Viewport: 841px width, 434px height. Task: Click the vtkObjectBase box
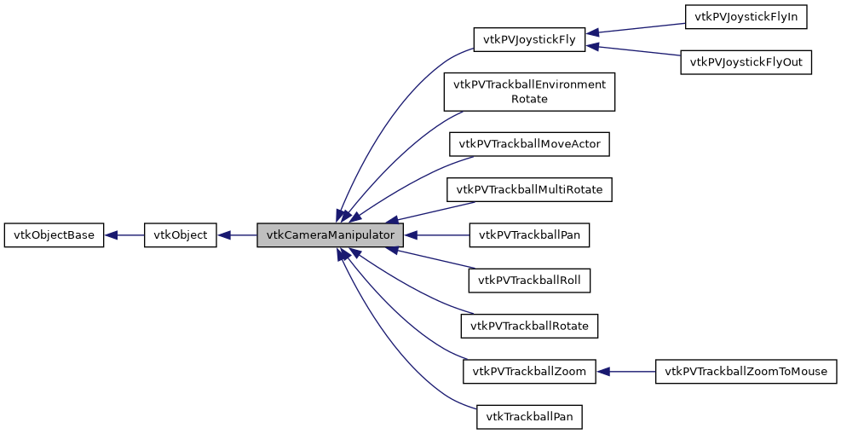pyautogui.click(x=54, y=235)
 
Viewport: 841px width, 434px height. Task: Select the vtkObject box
pyautogui.click(x=181, y=235)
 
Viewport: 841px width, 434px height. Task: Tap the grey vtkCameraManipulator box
pyautogui.click(x=330, y=235)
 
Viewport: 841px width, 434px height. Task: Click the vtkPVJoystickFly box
pyautogui.click(x=529, y=39)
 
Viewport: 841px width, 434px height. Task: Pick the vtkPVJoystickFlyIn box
pyautogui.click(x=746, y=17)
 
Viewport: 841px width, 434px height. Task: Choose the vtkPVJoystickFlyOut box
pyautogui.click(x=746, y=62)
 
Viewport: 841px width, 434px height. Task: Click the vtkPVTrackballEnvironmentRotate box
pyautogui.click(x=529, y=92)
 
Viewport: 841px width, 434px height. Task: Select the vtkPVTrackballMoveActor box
pyautogui.click(x=529, y=144)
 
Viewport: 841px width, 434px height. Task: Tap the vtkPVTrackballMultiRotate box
pyautogui.click(x=529, y=189)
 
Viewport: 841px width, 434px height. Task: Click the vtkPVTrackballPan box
pyautogui.click(x=529, y=235)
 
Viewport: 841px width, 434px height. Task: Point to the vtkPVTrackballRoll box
pyautogui.click(x=529, y=280)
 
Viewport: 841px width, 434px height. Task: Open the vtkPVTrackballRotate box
pyautogui.click(x=529, y=326)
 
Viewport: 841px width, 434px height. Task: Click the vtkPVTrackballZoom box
pyautogui.click(x=529, y=371)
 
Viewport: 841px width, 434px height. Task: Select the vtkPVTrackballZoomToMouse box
pyautogui.click(x=746, y=371)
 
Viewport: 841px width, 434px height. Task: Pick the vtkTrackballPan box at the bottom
pyautogui.click(x=529, y=417)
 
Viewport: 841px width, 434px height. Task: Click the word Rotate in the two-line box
pyautogui.click(x=529, y=99)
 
